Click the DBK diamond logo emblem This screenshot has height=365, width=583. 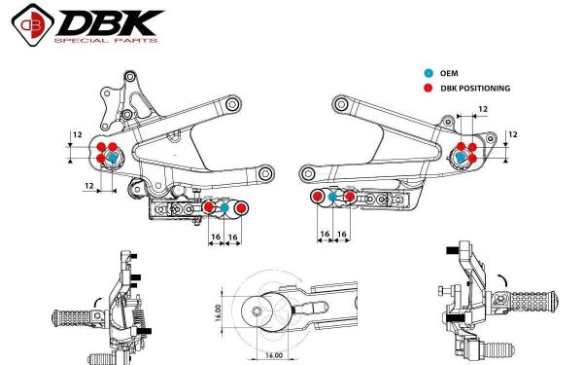[x=33, y=25]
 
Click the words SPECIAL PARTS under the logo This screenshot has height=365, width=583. [x=106, y=40]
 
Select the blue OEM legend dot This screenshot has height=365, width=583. [x=429, y=73]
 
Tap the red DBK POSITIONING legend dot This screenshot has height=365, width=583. [x=429, y=89]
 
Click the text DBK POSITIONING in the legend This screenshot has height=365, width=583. [x=475, y=89]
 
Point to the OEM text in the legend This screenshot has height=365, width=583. [x=449, y=73]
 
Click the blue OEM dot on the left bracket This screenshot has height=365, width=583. [x=113, y=158]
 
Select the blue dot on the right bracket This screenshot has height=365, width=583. [x=461, y=157]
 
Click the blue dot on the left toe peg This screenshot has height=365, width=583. [x=224, y=208]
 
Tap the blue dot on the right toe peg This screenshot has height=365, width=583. [x=332, y=197]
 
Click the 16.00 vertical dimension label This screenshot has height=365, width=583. [x=218, y=312]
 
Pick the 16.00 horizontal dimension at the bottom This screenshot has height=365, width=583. [x=274, y=355]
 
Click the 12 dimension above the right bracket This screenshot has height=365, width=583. [x=483, y=109]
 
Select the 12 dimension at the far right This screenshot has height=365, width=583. [x=513, y=134]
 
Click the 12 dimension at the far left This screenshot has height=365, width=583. [x=78, y=135]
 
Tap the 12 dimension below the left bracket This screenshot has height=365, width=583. [x=89, y=186]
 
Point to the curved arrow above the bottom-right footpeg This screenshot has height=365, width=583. [x=502, y=279]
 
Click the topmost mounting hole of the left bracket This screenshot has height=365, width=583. [x=130, y=77]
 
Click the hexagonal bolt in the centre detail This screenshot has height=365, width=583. [x=257, y=311]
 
